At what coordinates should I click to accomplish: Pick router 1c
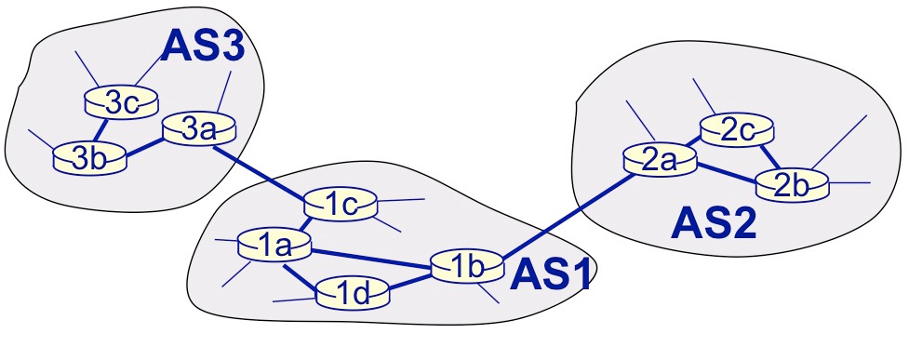[x=341, y=205]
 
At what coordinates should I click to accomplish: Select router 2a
[x=661, y=159]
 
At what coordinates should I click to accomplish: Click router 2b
[x=792, y=183]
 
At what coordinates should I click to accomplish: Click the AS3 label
[x=202, y=47]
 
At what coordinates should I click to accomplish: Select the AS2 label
[x=715, y=223]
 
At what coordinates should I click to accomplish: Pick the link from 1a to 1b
[x=372, y=258]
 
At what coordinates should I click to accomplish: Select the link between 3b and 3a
[x=145, y=146]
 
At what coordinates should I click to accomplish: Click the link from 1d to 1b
[x=410, y=282]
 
